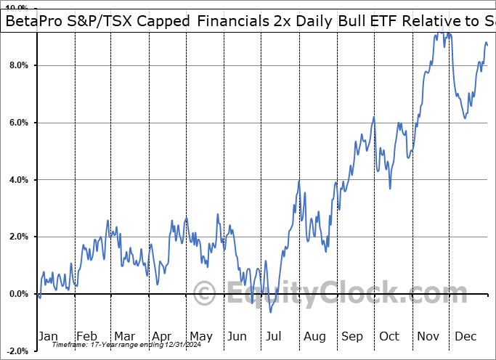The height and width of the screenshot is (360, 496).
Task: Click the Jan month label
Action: (48, 337)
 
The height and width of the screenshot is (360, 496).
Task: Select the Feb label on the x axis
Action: (86, 337)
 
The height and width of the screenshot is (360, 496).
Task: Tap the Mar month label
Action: (123, 337)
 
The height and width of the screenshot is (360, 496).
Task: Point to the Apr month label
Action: (161, 337)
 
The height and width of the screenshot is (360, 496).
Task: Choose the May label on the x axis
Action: (200, 337)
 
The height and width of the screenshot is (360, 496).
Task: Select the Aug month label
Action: (315, 337)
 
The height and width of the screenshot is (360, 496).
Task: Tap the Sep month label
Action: (354, 337)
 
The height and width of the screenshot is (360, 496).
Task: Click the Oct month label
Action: (390, 337)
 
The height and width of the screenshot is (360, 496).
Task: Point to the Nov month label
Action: (429, 337)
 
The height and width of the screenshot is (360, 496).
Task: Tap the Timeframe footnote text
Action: (110, 344)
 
